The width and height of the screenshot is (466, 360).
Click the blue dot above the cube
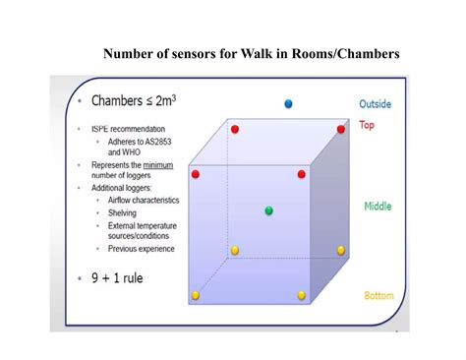[288, 103]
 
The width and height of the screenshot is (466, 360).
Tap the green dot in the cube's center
[268, 210]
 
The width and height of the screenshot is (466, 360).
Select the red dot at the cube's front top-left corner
[196, 174]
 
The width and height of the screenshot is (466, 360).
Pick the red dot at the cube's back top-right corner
[341, 129]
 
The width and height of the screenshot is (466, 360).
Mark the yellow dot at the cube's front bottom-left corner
[196, 295]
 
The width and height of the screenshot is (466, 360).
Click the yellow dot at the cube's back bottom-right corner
[341, 250]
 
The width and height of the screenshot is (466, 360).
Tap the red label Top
[367, 126]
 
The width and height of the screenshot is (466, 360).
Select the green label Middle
[379, 207]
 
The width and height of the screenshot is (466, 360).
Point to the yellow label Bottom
[379, 295]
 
